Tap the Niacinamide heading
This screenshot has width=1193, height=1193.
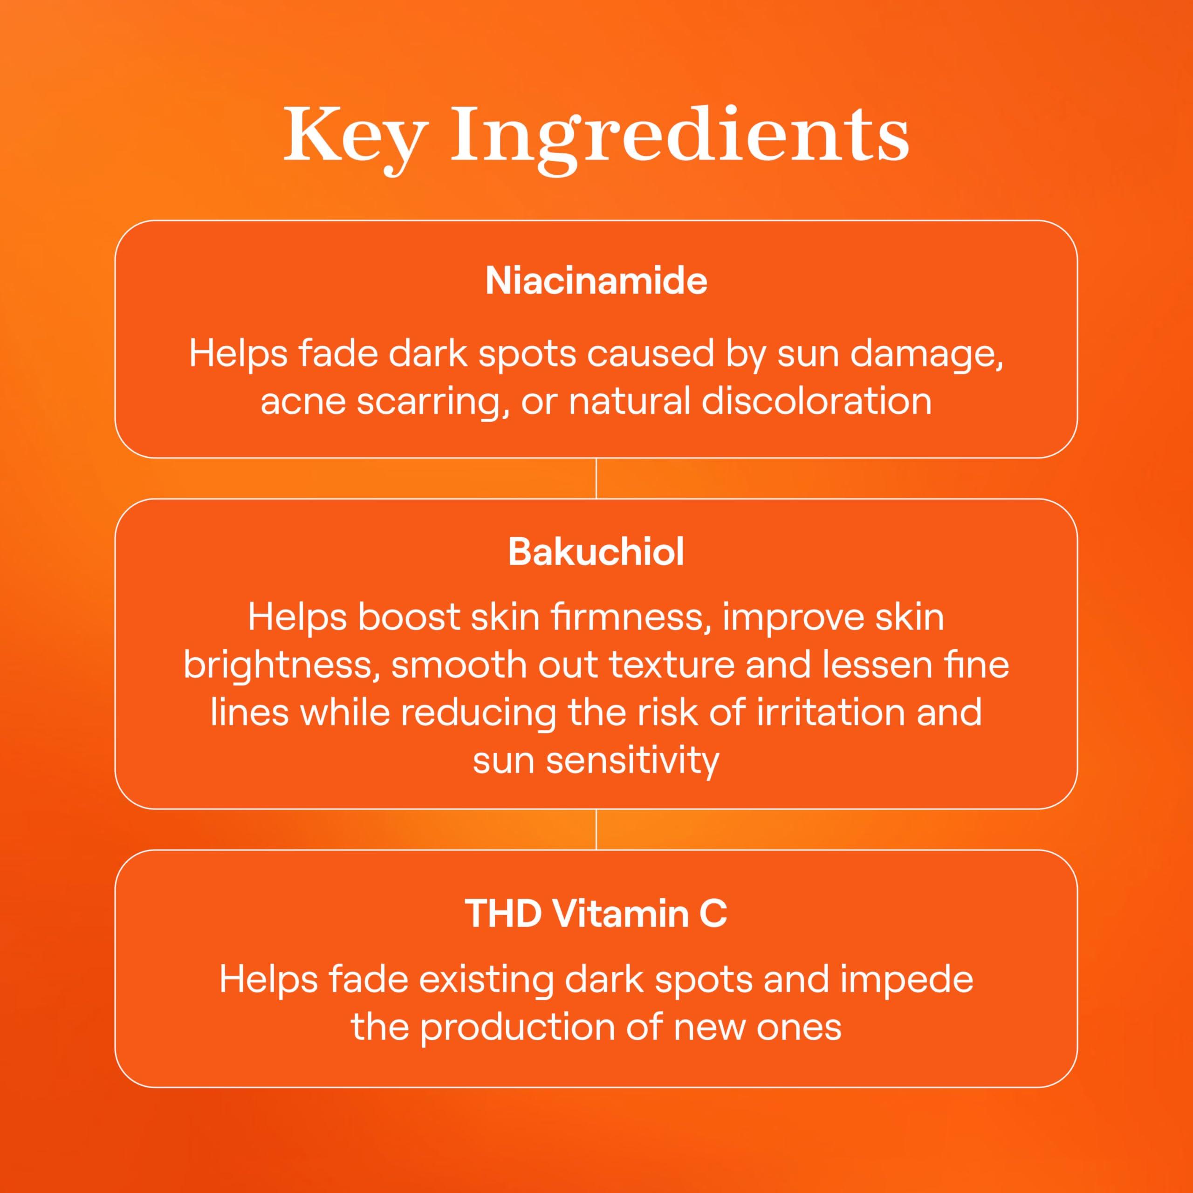tap(596, 281)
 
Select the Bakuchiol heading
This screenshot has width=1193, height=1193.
tap(596, 552)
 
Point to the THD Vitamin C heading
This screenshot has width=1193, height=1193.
tap(596, 914)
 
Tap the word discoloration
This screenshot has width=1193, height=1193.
tap(816, 402)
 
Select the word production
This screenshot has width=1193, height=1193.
tap(518, 1028)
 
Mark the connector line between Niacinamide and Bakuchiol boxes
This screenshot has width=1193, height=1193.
tap(596, 479)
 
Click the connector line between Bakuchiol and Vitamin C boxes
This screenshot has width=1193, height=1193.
tap(596, 830)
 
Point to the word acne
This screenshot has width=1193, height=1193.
tap(301, 402)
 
